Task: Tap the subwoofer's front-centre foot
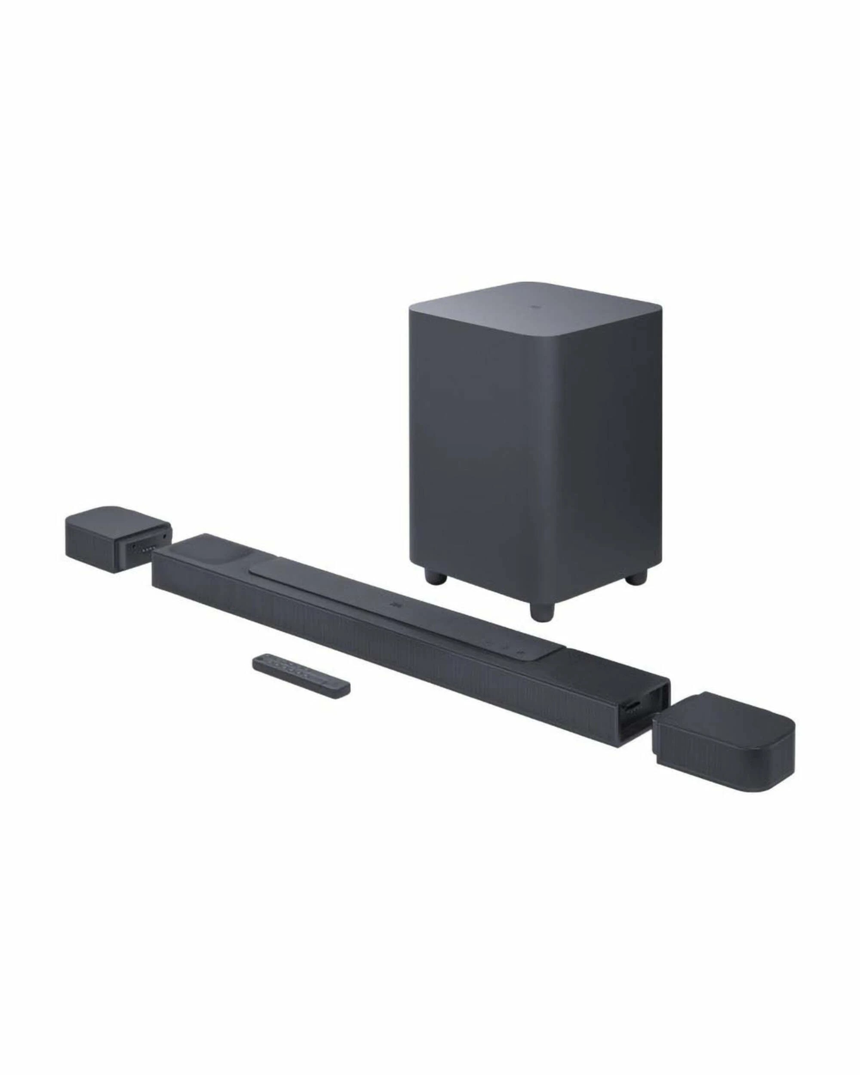[x=542, y=609]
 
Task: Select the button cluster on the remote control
[x=289, y=676]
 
